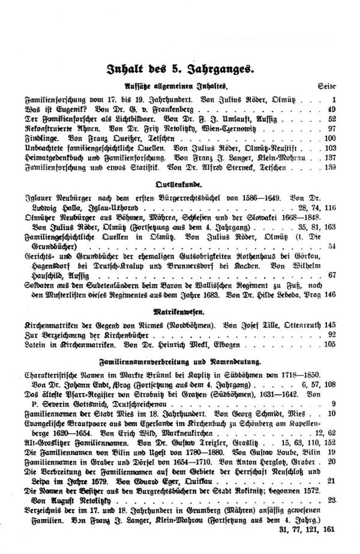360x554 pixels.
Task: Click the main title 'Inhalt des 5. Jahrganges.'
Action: [x=179, y=68]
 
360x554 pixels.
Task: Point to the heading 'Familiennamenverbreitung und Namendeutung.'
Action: [x=180, y=363]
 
